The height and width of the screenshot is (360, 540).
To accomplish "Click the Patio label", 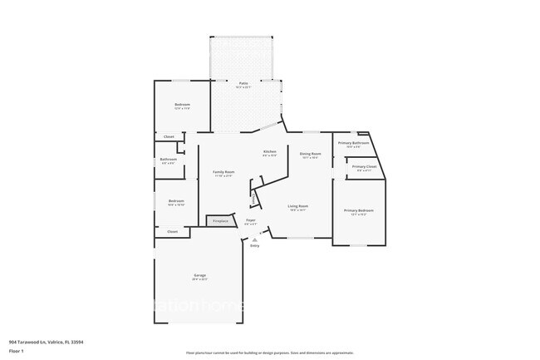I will pyautogui.click(x=243, y=83).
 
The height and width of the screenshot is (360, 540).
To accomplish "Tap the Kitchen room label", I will pyautogui.click(x=269, y=151).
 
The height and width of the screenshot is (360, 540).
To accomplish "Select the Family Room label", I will pyautogui.click(x=223, y=171).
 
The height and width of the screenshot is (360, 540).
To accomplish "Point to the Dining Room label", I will pyautogui.click(x=311, y=154).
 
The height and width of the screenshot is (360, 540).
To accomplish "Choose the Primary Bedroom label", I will pyautogui.click(x=359, y=210).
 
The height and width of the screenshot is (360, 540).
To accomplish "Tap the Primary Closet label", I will pyautogui.click(x=364, y=167).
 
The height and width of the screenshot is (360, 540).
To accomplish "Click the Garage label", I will pyautogui.click(x=199, y=274).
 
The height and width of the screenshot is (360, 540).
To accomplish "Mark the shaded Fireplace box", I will pyautogui.click(x=220, y=221).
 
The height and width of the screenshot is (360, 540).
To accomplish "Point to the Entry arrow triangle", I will pyautogui.click(x=254, y=239).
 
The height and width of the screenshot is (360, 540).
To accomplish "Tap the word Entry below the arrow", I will pyautogui.click(x=254, y=245).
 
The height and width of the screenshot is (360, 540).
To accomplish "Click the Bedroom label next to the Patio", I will pyautogui.click(x=182, y=105).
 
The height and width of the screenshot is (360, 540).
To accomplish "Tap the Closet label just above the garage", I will pyautogui.click(x=172, y=232).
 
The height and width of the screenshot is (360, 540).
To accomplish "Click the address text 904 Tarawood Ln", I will pyautogui.click(x=46, y=342).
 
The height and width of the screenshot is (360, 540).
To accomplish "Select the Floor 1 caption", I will pyautogui.click(x=17, y=350).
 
